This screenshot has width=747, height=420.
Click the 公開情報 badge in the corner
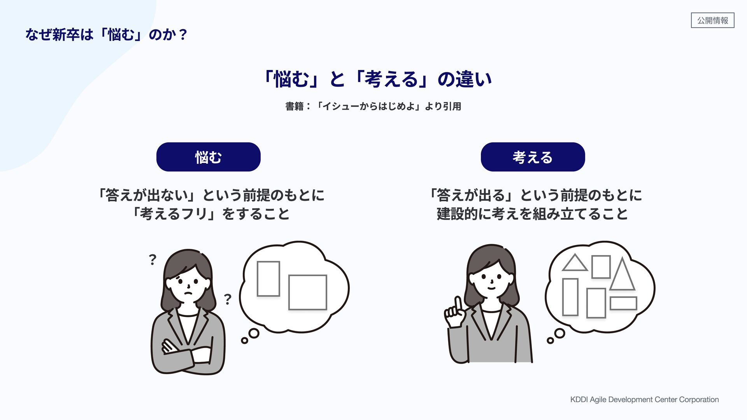pos(712,20)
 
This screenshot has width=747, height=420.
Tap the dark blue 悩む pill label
pos(208,157)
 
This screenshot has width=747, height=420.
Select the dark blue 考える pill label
pos(533,157)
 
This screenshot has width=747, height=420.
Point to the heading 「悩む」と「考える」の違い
pos(377,79)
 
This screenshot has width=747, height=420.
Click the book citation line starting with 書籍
pos(373,106)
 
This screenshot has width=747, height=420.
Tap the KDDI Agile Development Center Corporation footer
pos(644,399)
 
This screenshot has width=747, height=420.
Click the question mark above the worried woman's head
pos(153,259)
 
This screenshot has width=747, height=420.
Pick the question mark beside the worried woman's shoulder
pos(228,299)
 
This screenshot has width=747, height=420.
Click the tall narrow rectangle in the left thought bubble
pos(268,279)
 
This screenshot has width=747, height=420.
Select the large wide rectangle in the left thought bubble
pos(307,292)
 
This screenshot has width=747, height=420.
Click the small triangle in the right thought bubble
pos(575,264)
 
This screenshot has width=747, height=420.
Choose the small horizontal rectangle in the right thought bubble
pos(623,303)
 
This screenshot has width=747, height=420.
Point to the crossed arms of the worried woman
pos(187,352)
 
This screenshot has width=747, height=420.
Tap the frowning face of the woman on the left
pos(188,285)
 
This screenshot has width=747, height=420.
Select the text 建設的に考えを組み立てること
pos(532,214)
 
